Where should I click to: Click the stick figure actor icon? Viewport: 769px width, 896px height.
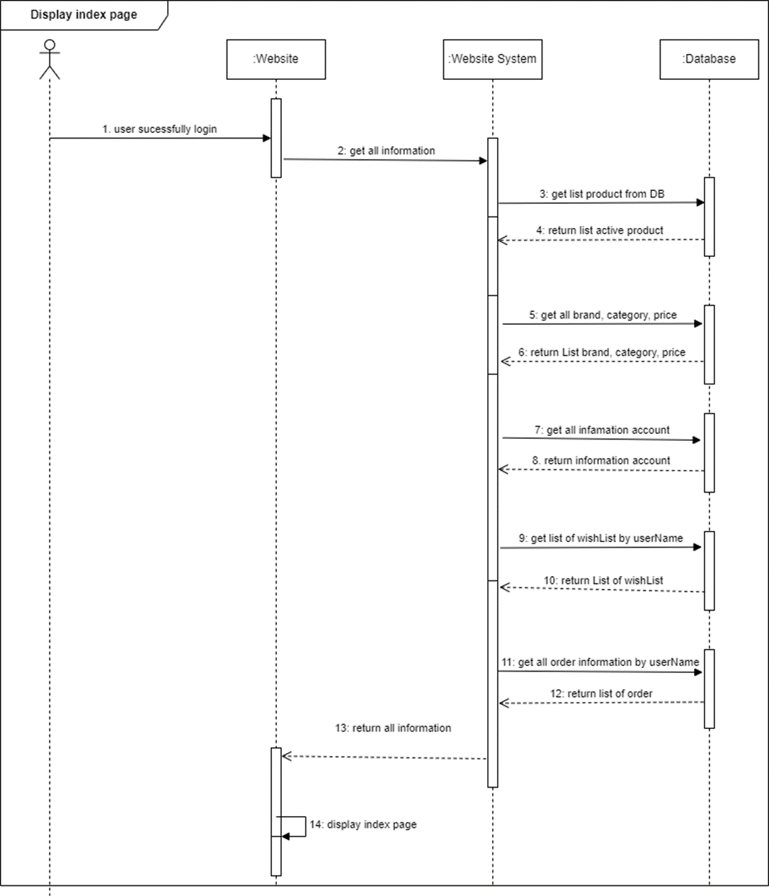pos(50,59)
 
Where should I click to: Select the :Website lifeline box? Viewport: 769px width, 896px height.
pos(275,59)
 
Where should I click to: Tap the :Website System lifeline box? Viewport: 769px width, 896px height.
pos(492,59)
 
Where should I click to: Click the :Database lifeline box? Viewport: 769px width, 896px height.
pos(709,59)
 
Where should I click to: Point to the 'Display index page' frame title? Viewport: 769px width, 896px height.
pos(84,15)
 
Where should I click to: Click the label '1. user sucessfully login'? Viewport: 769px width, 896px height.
pos(159,129)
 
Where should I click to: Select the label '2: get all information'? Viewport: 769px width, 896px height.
pos(385,150)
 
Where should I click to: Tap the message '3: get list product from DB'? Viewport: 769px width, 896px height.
pos(601,193)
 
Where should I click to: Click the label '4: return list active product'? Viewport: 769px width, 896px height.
pos(600,230)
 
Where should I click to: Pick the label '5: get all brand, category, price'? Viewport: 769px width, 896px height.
pos(603,315)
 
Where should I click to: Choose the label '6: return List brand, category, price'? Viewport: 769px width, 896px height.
pos(602,352)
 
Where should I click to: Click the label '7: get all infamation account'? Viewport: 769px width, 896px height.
pos(602,430)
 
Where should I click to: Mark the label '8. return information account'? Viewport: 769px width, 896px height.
pos(601,460)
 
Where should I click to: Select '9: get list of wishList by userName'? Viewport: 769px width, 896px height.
pos(601,538)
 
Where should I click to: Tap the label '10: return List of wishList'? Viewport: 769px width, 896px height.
pos(603,580)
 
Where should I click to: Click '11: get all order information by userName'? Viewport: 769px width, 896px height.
pos(600,662)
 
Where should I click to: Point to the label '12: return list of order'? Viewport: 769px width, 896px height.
pos(601,694)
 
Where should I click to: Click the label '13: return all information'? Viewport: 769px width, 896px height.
pos(393,728)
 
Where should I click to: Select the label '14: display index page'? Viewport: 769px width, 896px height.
pos(363,824)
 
